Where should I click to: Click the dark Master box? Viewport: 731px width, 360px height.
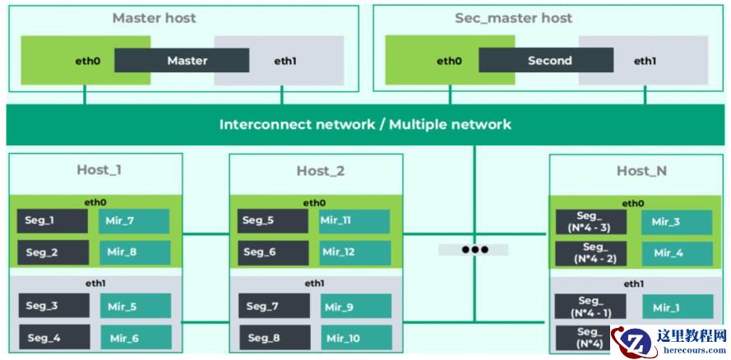point(182,60)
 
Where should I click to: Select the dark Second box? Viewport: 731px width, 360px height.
point(546,60)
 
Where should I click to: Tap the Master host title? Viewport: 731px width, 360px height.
point(155,18)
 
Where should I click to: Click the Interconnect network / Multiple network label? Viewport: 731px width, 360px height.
point(365,125)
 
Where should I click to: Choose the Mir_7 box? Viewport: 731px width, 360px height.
point(135,220)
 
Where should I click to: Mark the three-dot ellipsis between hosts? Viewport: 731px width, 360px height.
point(474,249)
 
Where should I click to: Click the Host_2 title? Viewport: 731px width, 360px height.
point(321,171)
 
